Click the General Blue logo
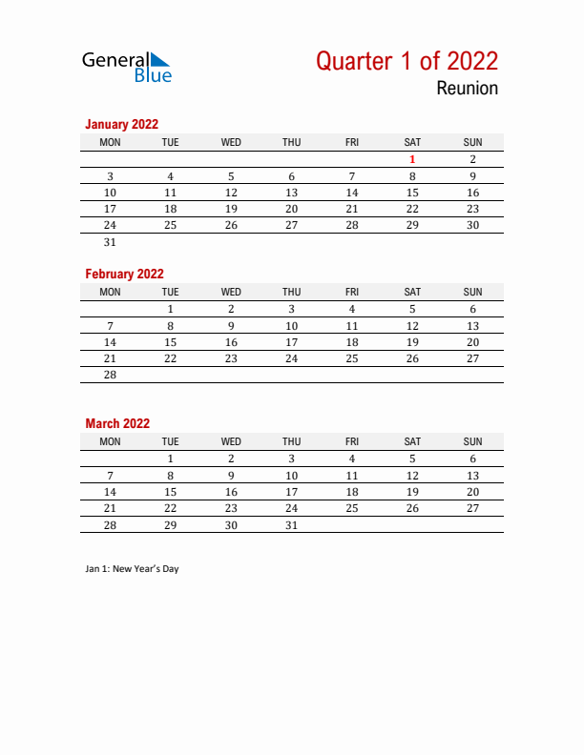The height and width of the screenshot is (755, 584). pos(127,66)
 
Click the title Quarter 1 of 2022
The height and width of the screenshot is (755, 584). pos(407,61)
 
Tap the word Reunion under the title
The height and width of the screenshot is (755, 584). pos(468,89)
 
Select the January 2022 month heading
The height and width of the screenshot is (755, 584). pos(121,124)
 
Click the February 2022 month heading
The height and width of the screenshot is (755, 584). pos(124,274)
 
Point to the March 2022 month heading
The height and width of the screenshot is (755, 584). pos(117,423)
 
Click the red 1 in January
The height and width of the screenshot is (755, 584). pos(412,159)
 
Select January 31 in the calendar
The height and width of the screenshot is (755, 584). pos(110,242)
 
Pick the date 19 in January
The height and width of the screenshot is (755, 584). pos(231,209)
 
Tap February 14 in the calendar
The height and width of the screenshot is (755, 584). pos(110,342)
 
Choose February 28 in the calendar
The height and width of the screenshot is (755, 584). pos(110,375)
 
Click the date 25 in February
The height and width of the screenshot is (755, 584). pos(352,358)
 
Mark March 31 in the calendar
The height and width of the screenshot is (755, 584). pos(292,524)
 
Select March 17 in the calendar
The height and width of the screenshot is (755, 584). pos(292,492)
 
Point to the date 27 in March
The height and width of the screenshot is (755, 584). pos(472,508)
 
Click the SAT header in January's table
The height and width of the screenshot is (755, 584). pos(412,142)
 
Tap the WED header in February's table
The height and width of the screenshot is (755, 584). pos(231,292)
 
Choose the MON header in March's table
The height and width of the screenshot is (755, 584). pos(110,441)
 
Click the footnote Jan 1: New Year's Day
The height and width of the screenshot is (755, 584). pos(132,569)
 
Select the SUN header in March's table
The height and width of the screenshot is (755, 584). pos(472,441)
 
